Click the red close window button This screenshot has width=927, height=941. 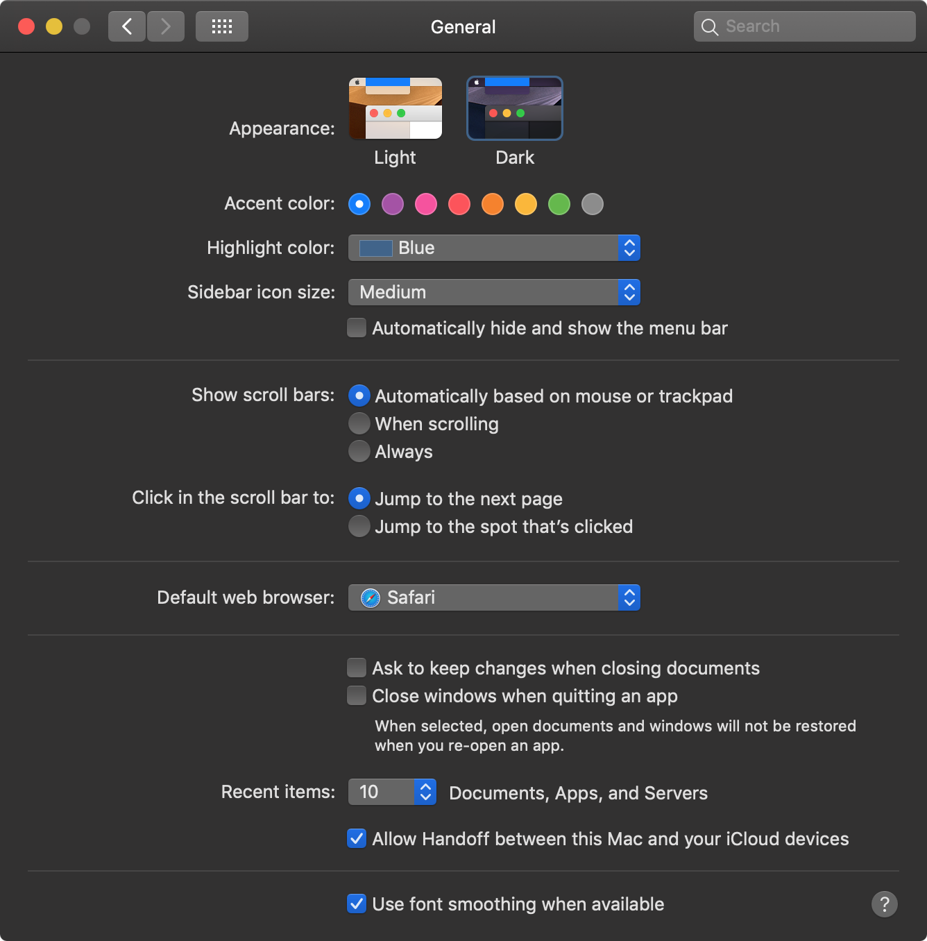point(26,26)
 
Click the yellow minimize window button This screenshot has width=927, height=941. point(54,26)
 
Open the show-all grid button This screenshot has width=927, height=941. point(222,26)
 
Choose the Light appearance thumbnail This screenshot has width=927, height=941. point(395,108)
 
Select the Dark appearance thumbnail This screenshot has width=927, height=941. point(515,108)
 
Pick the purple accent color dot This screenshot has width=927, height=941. point(393,204)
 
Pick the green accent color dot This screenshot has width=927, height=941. point(559,204)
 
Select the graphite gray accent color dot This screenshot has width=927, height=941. point(593,204)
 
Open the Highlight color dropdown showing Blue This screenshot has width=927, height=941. point(494,248)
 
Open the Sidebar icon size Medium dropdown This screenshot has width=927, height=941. point(494,293)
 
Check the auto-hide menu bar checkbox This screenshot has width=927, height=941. point(357,328)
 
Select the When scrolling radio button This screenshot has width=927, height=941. point(359,423)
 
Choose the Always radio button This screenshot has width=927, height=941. point(359,451)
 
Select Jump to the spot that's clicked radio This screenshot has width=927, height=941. point(359,526)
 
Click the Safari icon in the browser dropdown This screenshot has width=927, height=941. point(371,597)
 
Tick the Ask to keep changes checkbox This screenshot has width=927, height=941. point(357,668)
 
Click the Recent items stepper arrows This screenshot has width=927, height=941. point(425,792)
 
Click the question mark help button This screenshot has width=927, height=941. point(885,904)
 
